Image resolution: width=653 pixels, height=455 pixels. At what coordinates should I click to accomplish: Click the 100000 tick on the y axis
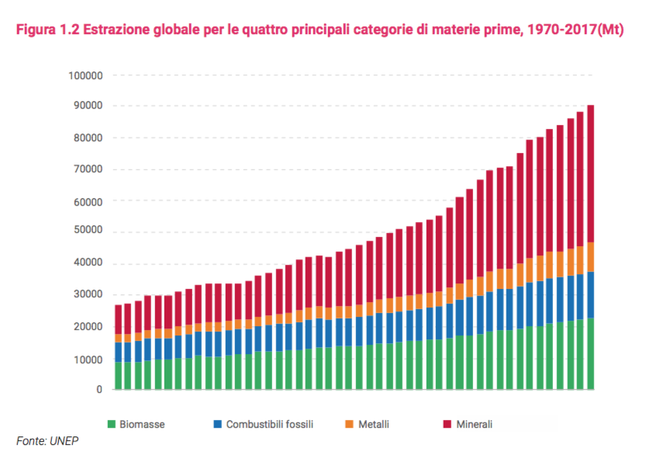coord(86,75)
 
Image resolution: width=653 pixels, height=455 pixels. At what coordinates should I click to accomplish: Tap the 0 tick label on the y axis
coord(99,389)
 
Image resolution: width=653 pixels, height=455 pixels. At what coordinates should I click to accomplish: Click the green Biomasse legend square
coord(111,424)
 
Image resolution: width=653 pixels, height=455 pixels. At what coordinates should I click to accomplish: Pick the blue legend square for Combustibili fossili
coord(218,424)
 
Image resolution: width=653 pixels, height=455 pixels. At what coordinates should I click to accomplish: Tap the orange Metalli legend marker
coord(349,424)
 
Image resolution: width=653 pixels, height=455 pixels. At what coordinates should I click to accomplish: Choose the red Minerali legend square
coord(447,424)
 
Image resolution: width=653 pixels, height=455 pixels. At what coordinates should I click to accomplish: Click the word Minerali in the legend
coord(474,424)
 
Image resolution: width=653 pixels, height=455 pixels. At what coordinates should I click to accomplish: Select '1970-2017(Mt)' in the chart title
coord(572,30)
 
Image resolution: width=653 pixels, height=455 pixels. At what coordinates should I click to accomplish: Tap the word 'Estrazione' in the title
coord(118,30)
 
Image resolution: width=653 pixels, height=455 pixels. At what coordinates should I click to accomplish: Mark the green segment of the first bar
coord(119,375)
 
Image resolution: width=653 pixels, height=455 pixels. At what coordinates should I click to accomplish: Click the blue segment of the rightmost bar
coord(590,294)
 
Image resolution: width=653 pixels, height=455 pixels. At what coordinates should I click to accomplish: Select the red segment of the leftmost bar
coord(119,319)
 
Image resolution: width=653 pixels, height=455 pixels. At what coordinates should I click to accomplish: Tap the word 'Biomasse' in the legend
coord(142,424)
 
